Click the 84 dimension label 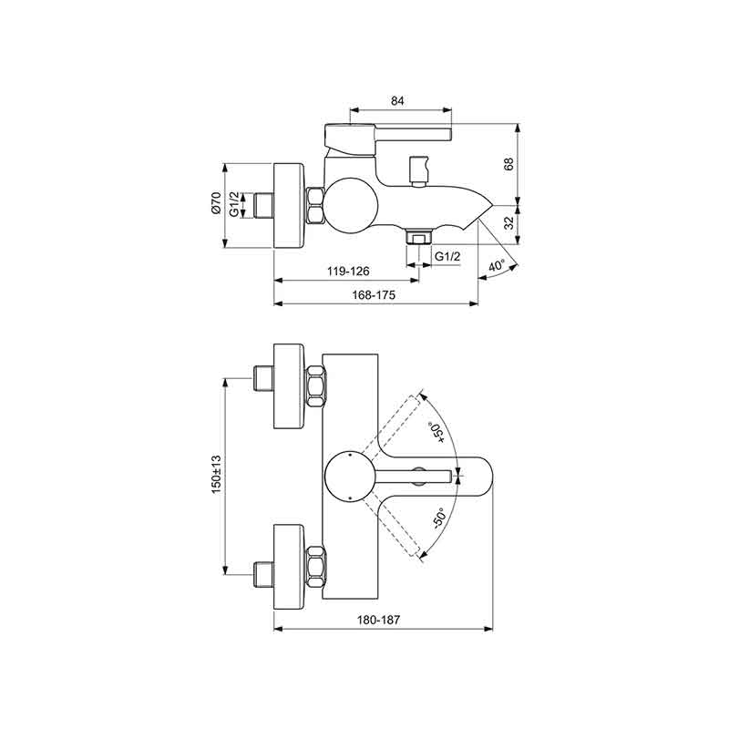397,100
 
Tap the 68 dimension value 509,164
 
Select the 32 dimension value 509,222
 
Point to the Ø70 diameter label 216,202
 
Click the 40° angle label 497,266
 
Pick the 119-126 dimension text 348,271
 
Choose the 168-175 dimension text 374,294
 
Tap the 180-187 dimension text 378,620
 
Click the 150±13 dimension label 216,474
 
